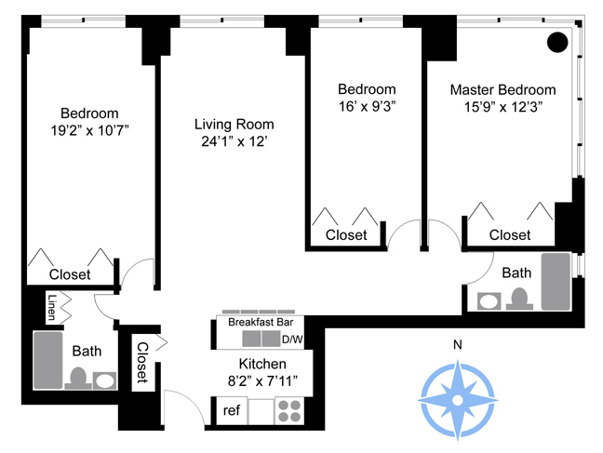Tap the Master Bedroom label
pyautogui.click(x=502, y=90)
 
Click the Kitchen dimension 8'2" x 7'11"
pyautogui.click(x=261, y=380)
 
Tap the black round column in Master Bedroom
pyautogui.click(x=556, y=42)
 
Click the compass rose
pyautogui.click(x=457, y=398)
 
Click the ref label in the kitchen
pyautogui.click(x=232, y=409)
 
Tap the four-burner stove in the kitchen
pyautogui.click(x=290, y=410)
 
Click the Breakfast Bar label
pyautogui.click(x=254, y=322)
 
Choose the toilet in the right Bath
pyautogui.click(x=519, y=298)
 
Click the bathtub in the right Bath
pyautogui.click(x=556, y=280)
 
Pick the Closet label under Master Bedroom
pyautogui.click(x=509, y=235)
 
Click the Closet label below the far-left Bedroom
pyautogui.click(x=70, y=274)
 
